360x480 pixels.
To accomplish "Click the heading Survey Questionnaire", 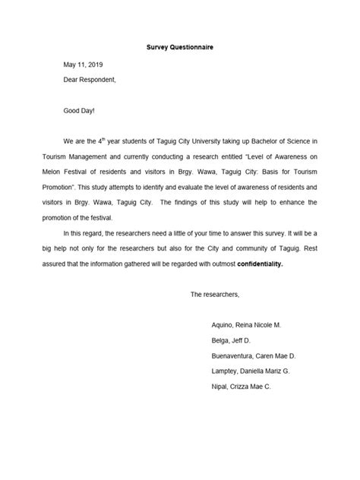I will click(x=180, y=47).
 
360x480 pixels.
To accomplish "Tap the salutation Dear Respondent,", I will click(x=90, y=79).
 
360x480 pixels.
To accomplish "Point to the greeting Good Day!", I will click(x=79, y=111).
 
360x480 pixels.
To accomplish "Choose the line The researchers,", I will click(x=215, y=293).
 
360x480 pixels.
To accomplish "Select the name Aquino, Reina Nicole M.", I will click(x=246, y=324).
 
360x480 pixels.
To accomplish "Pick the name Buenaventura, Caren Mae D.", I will click(x=254, y=355).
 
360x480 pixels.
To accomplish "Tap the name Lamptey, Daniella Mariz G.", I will click(x=250, y=371).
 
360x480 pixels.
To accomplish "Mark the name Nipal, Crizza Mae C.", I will click(x=241, y=387).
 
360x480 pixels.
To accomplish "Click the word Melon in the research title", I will click(x=74, y=172).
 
